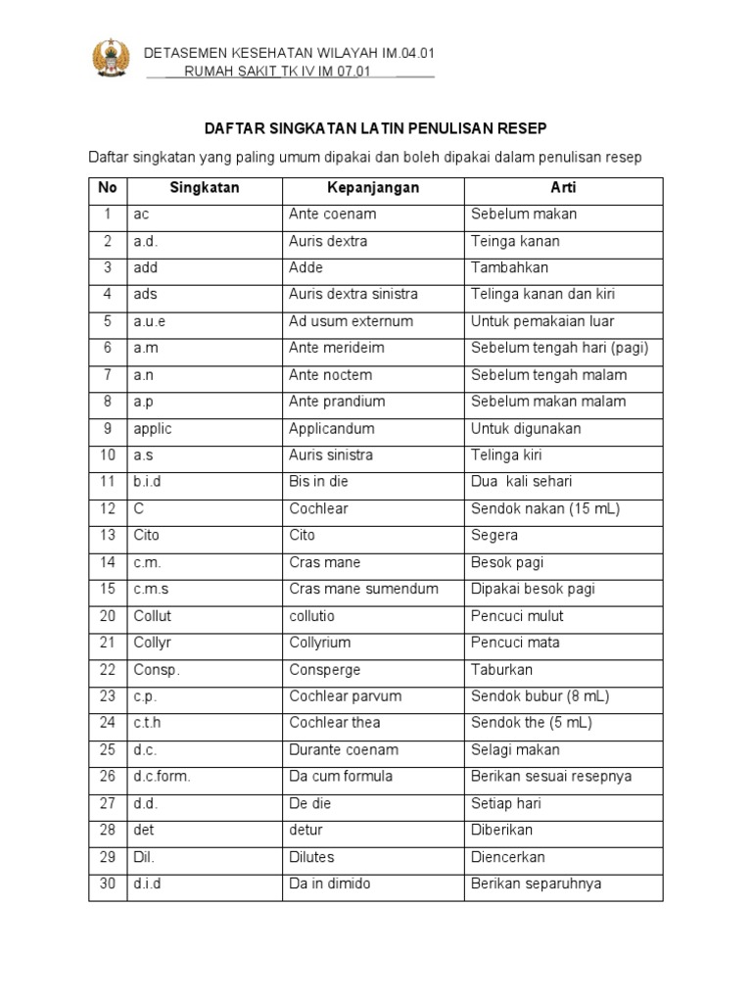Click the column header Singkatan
coord(204,187)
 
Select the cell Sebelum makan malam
coord(548,402)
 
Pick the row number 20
coord(108,616)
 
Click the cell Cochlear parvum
coord(346,696)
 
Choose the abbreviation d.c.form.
coord(162,777)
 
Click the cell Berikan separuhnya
coord(536,884)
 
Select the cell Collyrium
coord(320,643)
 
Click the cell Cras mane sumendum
coord(363,589)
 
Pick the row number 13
coord(108,536)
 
